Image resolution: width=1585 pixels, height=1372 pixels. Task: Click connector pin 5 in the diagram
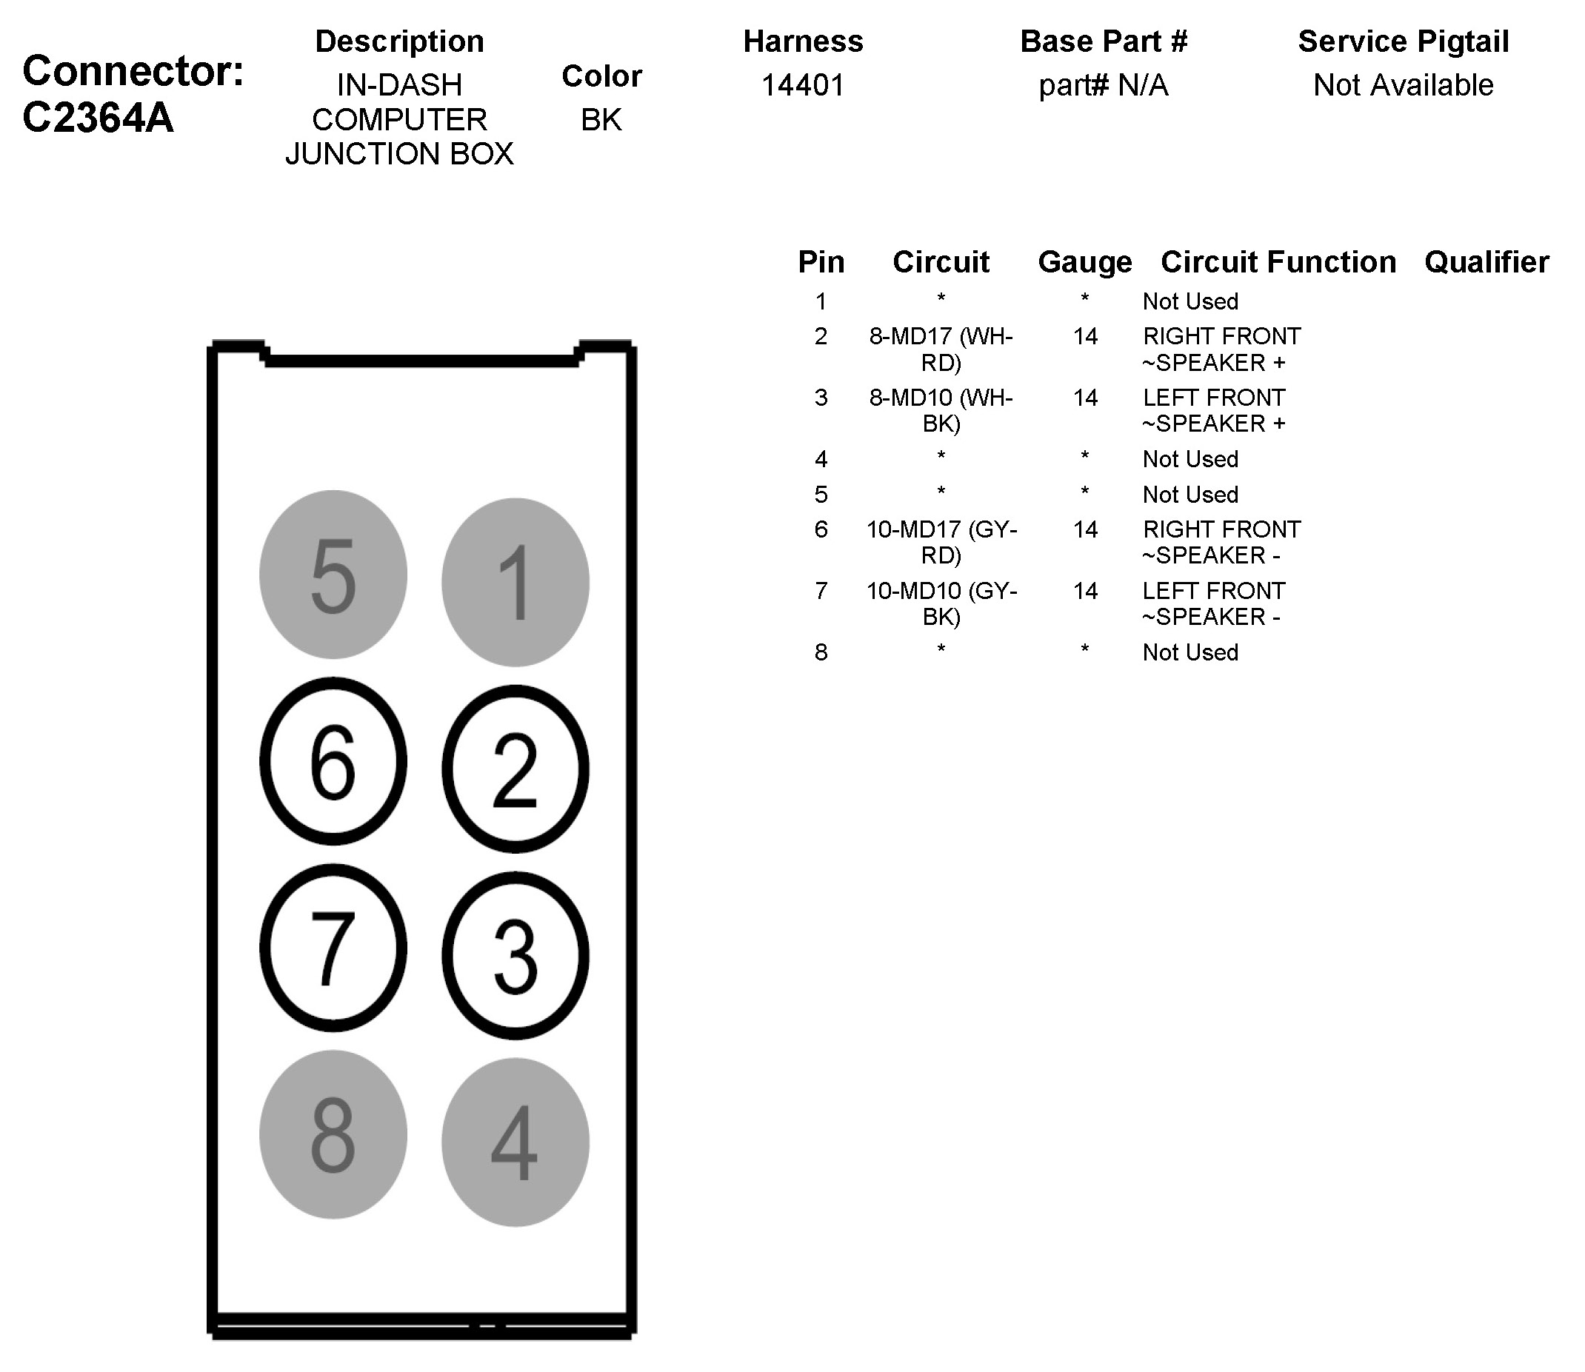pos(333,575)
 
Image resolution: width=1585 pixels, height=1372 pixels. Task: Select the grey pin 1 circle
pos(515,583)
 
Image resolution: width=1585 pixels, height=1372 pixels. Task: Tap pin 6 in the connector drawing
pos(333,761)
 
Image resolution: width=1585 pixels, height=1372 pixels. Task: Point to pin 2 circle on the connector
pos(515,769)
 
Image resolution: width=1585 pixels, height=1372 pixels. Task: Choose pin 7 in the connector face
pos(333,948)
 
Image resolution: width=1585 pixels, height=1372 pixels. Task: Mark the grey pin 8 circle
pos(333,1134)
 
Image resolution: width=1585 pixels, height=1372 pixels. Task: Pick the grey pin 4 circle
pos(515,1142)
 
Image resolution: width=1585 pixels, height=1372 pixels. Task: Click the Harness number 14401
pos(802,85)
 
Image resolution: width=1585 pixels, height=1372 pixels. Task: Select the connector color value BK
pos(601,119)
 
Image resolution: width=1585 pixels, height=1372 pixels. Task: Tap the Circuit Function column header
pos(1278,262)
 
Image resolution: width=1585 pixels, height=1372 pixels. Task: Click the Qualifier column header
pos(1486,262)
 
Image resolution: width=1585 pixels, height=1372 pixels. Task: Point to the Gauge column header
pos(1084,262)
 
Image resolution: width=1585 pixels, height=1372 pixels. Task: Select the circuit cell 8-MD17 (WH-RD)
pos(941,349)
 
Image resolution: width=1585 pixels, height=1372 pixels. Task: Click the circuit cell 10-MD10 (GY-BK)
pos(941,603)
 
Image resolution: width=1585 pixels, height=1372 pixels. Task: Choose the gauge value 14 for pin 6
pos(1085,529)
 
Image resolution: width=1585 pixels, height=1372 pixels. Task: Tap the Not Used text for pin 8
pos(1190,652)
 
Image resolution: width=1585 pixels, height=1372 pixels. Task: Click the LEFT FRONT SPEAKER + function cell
pos(1214,410)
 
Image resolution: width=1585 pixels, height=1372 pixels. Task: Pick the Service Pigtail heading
pos(1404,41)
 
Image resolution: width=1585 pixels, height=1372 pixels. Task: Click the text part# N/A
pos(1104,85)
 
